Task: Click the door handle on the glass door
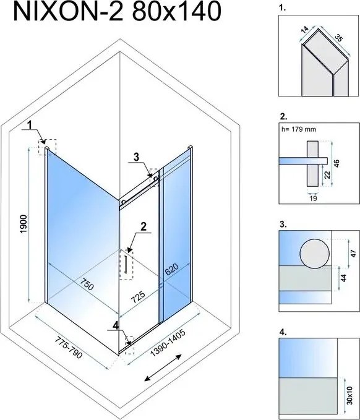[x=126, y=265]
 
